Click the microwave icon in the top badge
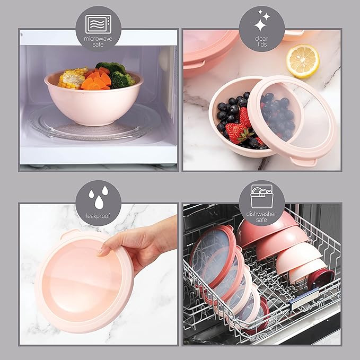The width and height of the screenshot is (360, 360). [98, 24]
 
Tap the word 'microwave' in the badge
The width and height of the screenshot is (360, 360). [98, 39]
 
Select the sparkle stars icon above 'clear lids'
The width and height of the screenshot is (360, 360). [262, 21]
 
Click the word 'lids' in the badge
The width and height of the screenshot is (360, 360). [262, 45]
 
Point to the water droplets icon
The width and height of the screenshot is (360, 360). [99, 197]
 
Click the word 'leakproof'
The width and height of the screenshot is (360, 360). [98, 216]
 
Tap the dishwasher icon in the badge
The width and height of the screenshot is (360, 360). [262, 196]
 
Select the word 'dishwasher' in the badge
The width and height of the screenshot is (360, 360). [261, 214]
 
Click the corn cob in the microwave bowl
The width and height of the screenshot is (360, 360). [72, 78]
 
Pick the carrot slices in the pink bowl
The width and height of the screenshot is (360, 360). [96, 81]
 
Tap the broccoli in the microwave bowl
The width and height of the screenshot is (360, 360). [116, 74]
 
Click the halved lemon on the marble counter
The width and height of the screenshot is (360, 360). [303, 61]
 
